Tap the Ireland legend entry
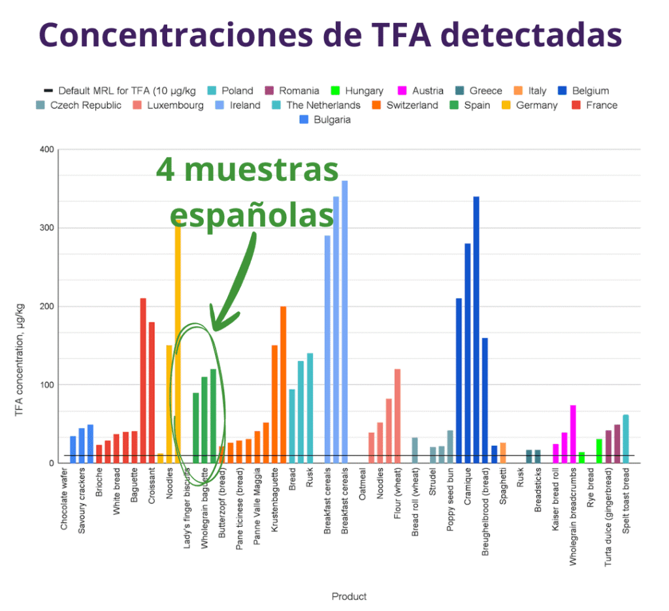[x=239, y=105]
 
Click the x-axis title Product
[x=349, y=596]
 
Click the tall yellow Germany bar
[x=177, y=339]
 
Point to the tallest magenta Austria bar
[x=573, y=433]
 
